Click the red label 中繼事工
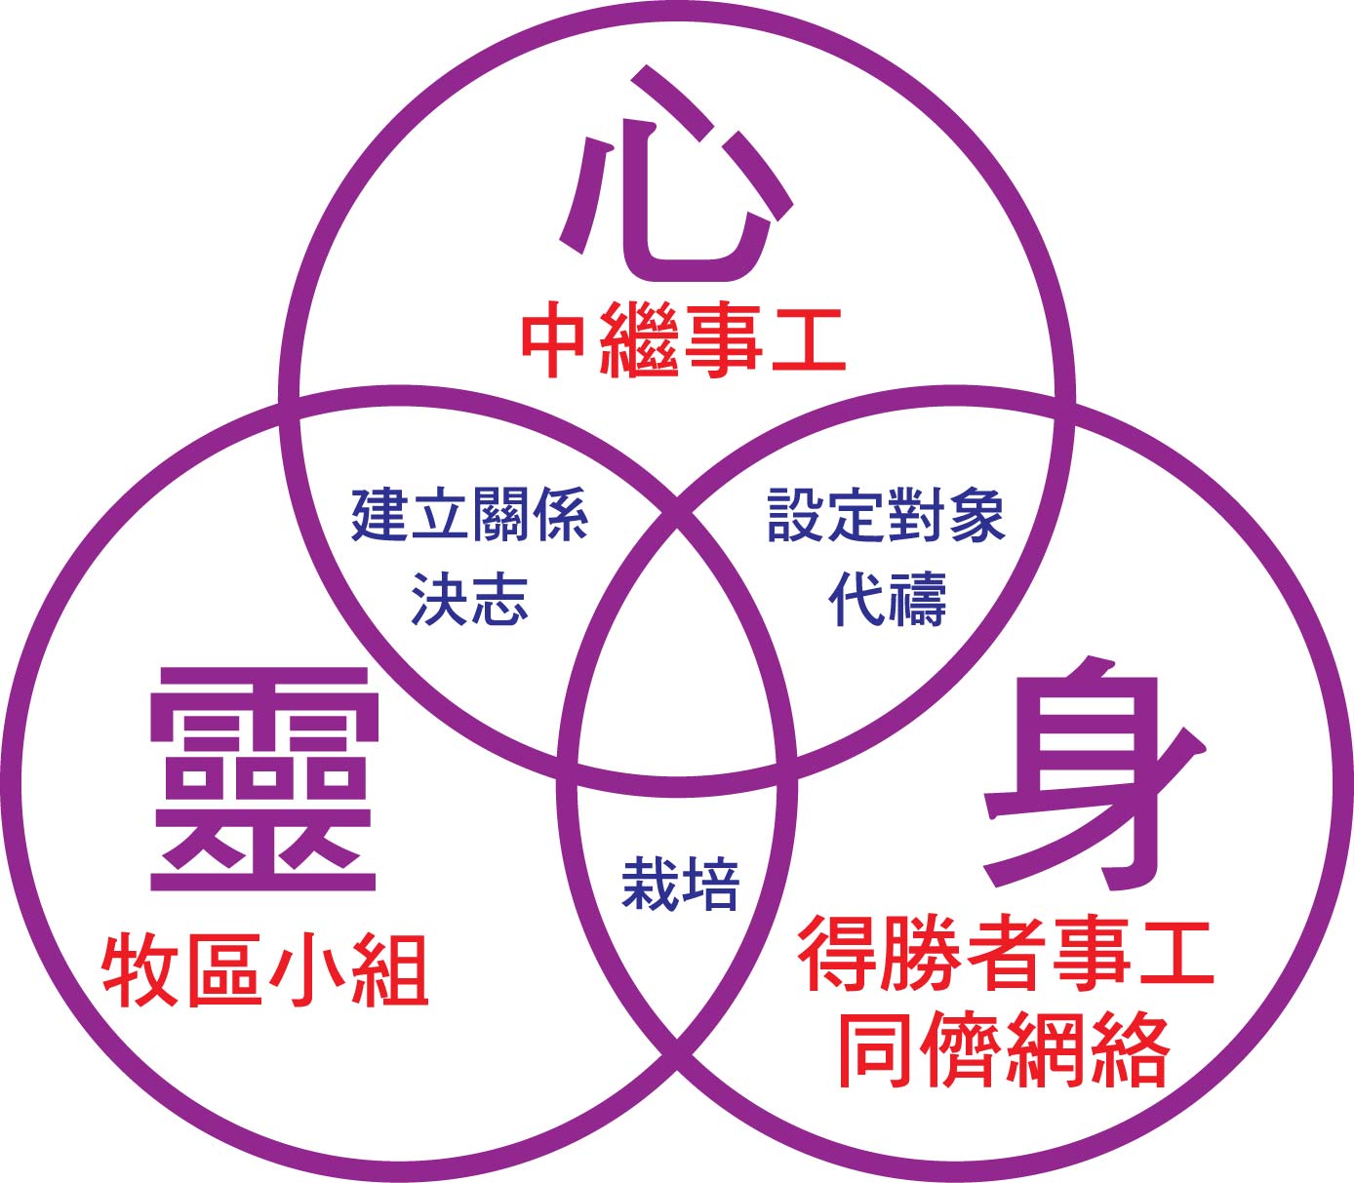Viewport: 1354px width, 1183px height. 682,340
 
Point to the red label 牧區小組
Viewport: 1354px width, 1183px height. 265,969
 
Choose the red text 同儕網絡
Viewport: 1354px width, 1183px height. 1004,1048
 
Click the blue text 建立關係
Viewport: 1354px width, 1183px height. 469,514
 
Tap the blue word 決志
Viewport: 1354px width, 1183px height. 469,598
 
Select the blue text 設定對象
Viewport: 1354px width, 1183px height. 886,514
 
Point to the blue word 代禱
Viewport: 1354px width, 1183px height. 887,598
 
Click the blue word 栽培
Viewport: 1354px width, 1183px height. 680,884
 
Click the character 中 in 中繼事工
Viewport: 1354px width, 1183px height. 553,340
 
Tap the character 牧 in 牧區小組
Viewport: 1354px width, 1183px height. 139,969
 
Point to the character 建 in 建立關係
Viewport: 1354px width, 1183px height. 379,514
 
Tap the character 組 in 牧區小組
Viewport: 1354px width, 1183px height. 390,969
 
